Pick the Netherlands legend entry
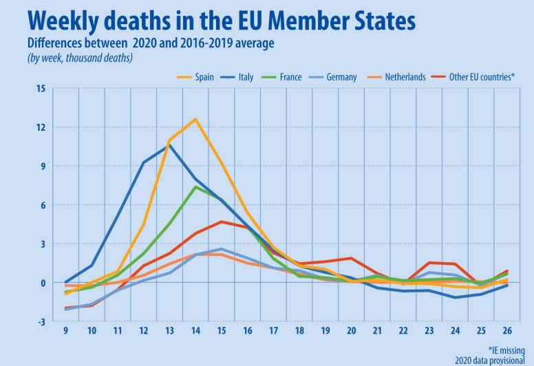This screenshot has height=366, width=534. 405,77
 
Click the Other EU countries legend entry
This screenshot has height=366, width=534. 482,77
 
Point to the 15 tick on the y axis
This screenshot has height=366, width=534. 41,88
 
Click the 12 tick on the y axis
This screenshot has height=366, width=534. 41,127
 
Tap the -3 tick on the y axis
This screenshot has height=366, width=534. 41,322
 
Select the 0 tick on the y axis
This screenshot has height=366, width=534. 43,283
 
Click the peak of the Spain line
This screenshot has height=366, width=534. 196,120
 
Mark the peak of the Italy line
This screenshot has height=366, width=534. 170,144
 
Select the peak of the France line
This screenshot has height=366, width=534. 196,186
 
